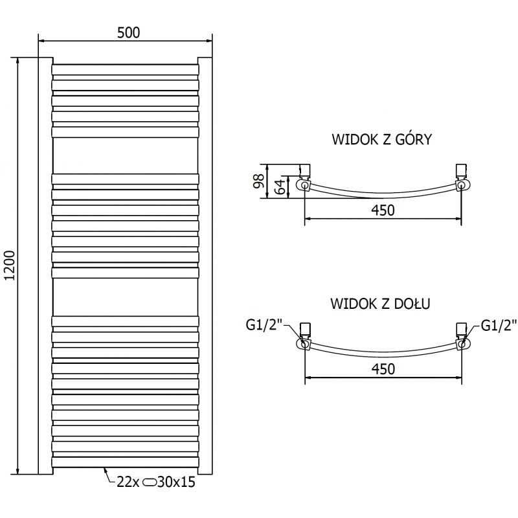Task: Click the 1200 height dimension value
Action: coord(8,265)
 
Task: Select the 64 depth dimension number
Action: coord(280,187)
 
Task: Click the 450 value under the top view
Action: coord(382,209)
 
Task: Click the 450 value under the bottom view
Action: coord(382,368)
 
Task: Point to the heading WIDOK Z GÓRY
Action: coord(381,139)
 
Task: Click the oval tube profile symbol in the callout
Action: coord(150,482)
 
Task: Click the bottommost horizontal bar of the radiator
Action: coord(125,462)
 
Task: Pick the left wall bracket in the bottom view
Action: coord(307,329)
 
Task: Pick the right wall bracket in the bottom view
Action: coord(461,329)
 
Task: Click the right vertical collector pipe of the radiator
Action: coord(205,265)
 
